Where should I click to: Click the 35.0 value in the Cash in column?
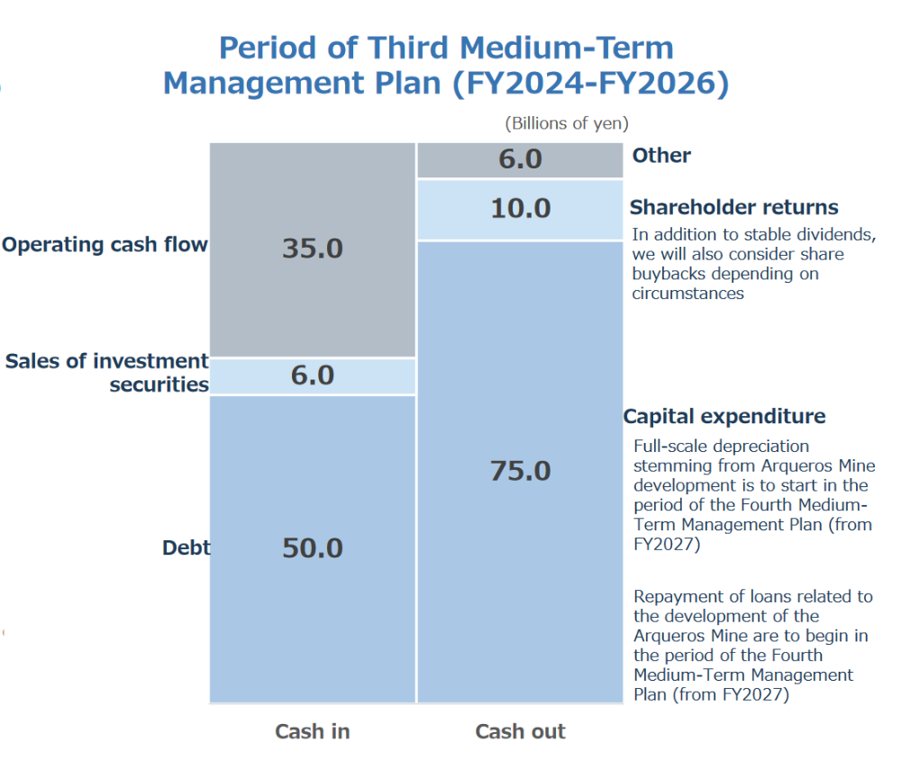click(x=313, y=249)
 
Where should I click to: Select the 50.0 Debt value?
click(x=313, y=548)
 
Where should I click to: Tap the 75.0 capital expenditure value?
click(x=521, y=471)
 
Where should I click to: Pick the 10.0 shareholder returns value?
click(x=521, y=208)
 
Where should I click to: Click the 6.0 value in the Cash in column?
click(x=313, y=375)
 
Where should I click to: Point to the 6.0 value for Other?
click(x=521, y=158)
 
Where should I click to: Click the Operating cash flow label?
click(x=105, y=245)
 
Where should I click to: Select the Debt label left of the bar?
click(x=187, y=547)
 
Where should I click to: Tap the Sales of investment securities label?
click(x=107, y=372)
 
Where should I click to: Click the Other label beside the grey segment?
click(x=661, y=155)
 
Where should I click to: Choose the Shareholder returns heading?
click(x=733, y=207)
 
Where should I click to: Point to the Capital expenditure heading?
click(x=724, y=416)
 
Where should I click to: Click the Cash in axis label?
click(x=313, y=731)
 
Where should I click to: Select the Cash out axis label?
click(x=521, y=731)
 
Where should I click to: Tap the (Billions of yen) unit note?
click(x=567, y=123)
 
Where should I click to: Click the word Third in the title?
click(x=408, y=47)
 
